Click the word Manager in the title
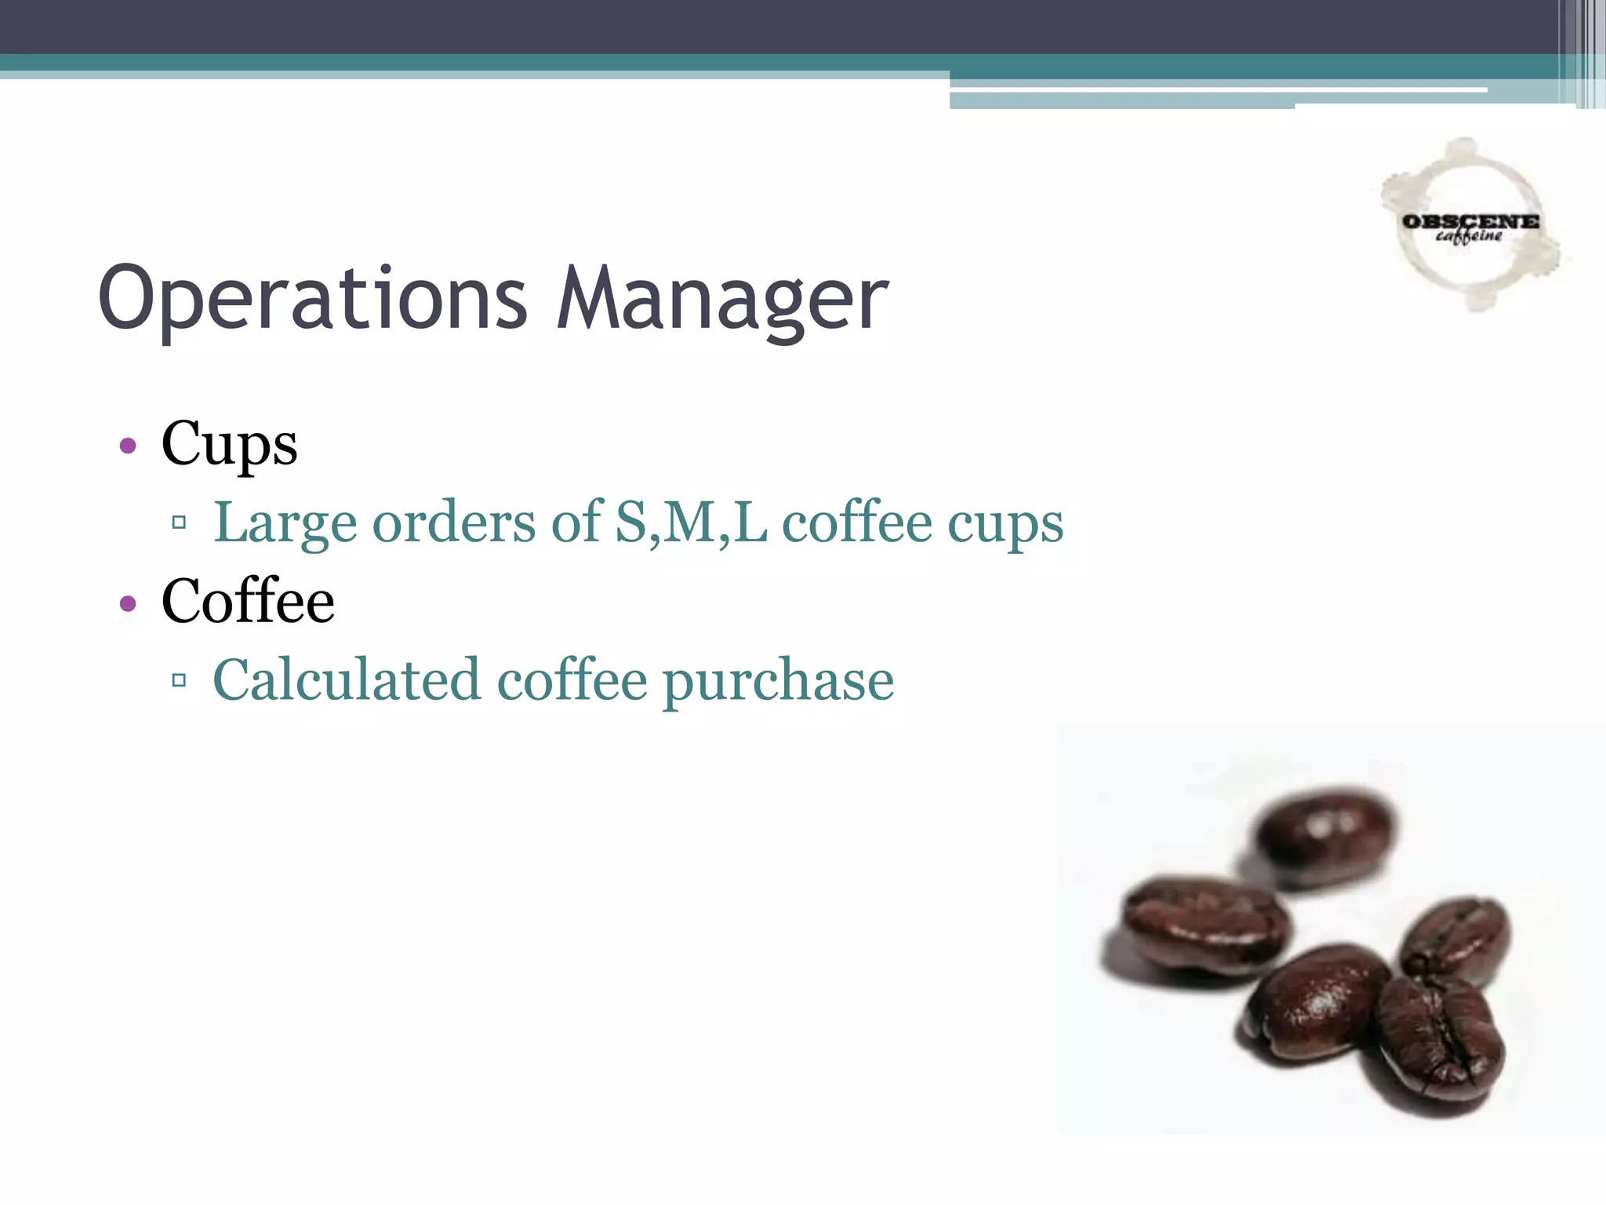pos(721,299)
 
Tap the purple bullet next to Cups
pos(128,446)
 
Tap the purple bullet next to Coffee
pos(128,603)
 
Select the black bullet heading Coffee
pos(248,602)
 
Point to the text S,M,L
pos(691,522)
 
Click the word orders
pos(453,523)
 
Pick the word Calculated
pos(346,680)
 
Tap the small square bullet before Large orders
pos(179,522)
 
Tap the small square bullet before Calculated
pos(179,680)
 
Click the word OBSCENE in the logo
pos(1470,222)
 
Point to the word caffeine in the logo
pos(1469,236)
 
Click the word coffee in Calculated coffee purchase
pos(572,680)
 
